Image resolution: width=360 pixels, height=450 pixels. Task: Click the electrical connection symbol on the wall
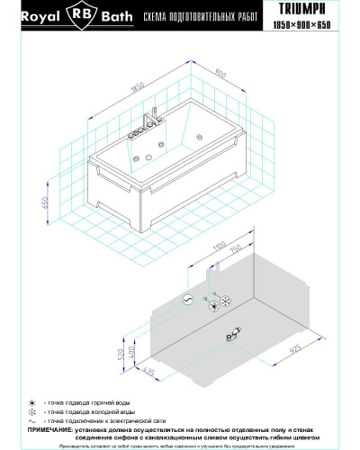pos(187,298)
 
